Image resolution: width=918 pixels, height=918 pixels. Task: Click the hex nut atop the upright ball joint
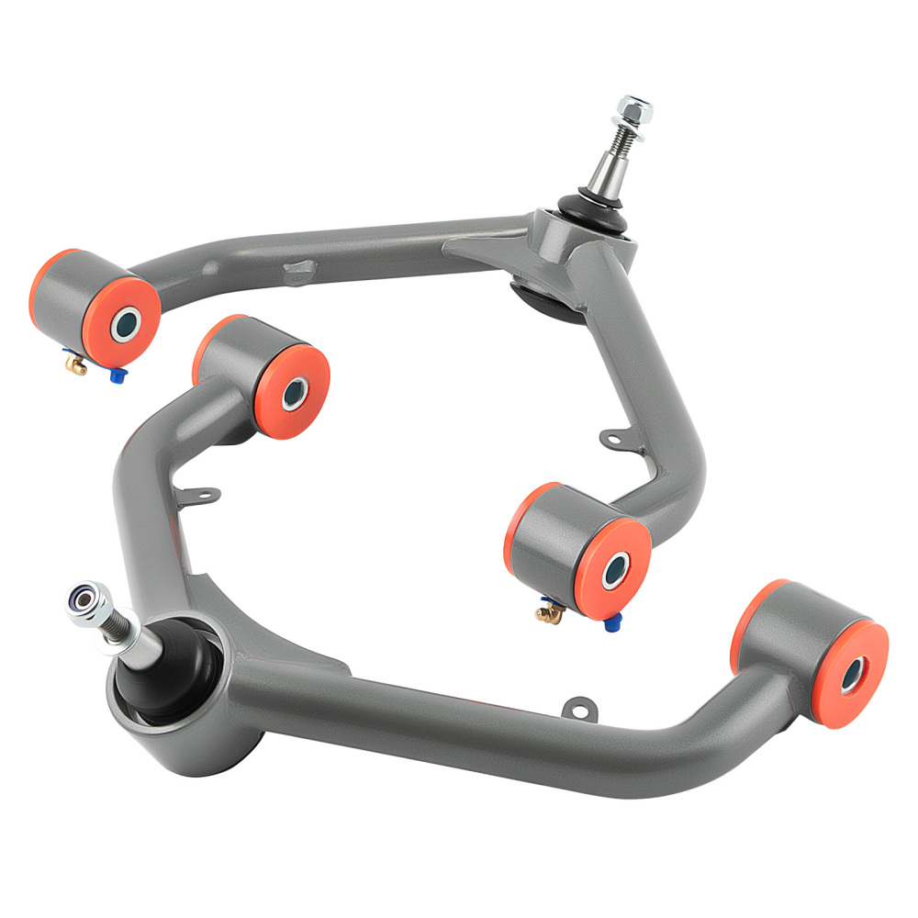click(x=634, y=110)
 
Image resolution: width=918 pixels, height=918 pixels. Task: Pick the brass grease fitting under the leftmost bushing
click(x=76, y=366)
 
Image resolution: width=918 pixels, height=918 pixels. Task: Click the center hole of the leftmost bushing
click(x=126, y=321)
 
